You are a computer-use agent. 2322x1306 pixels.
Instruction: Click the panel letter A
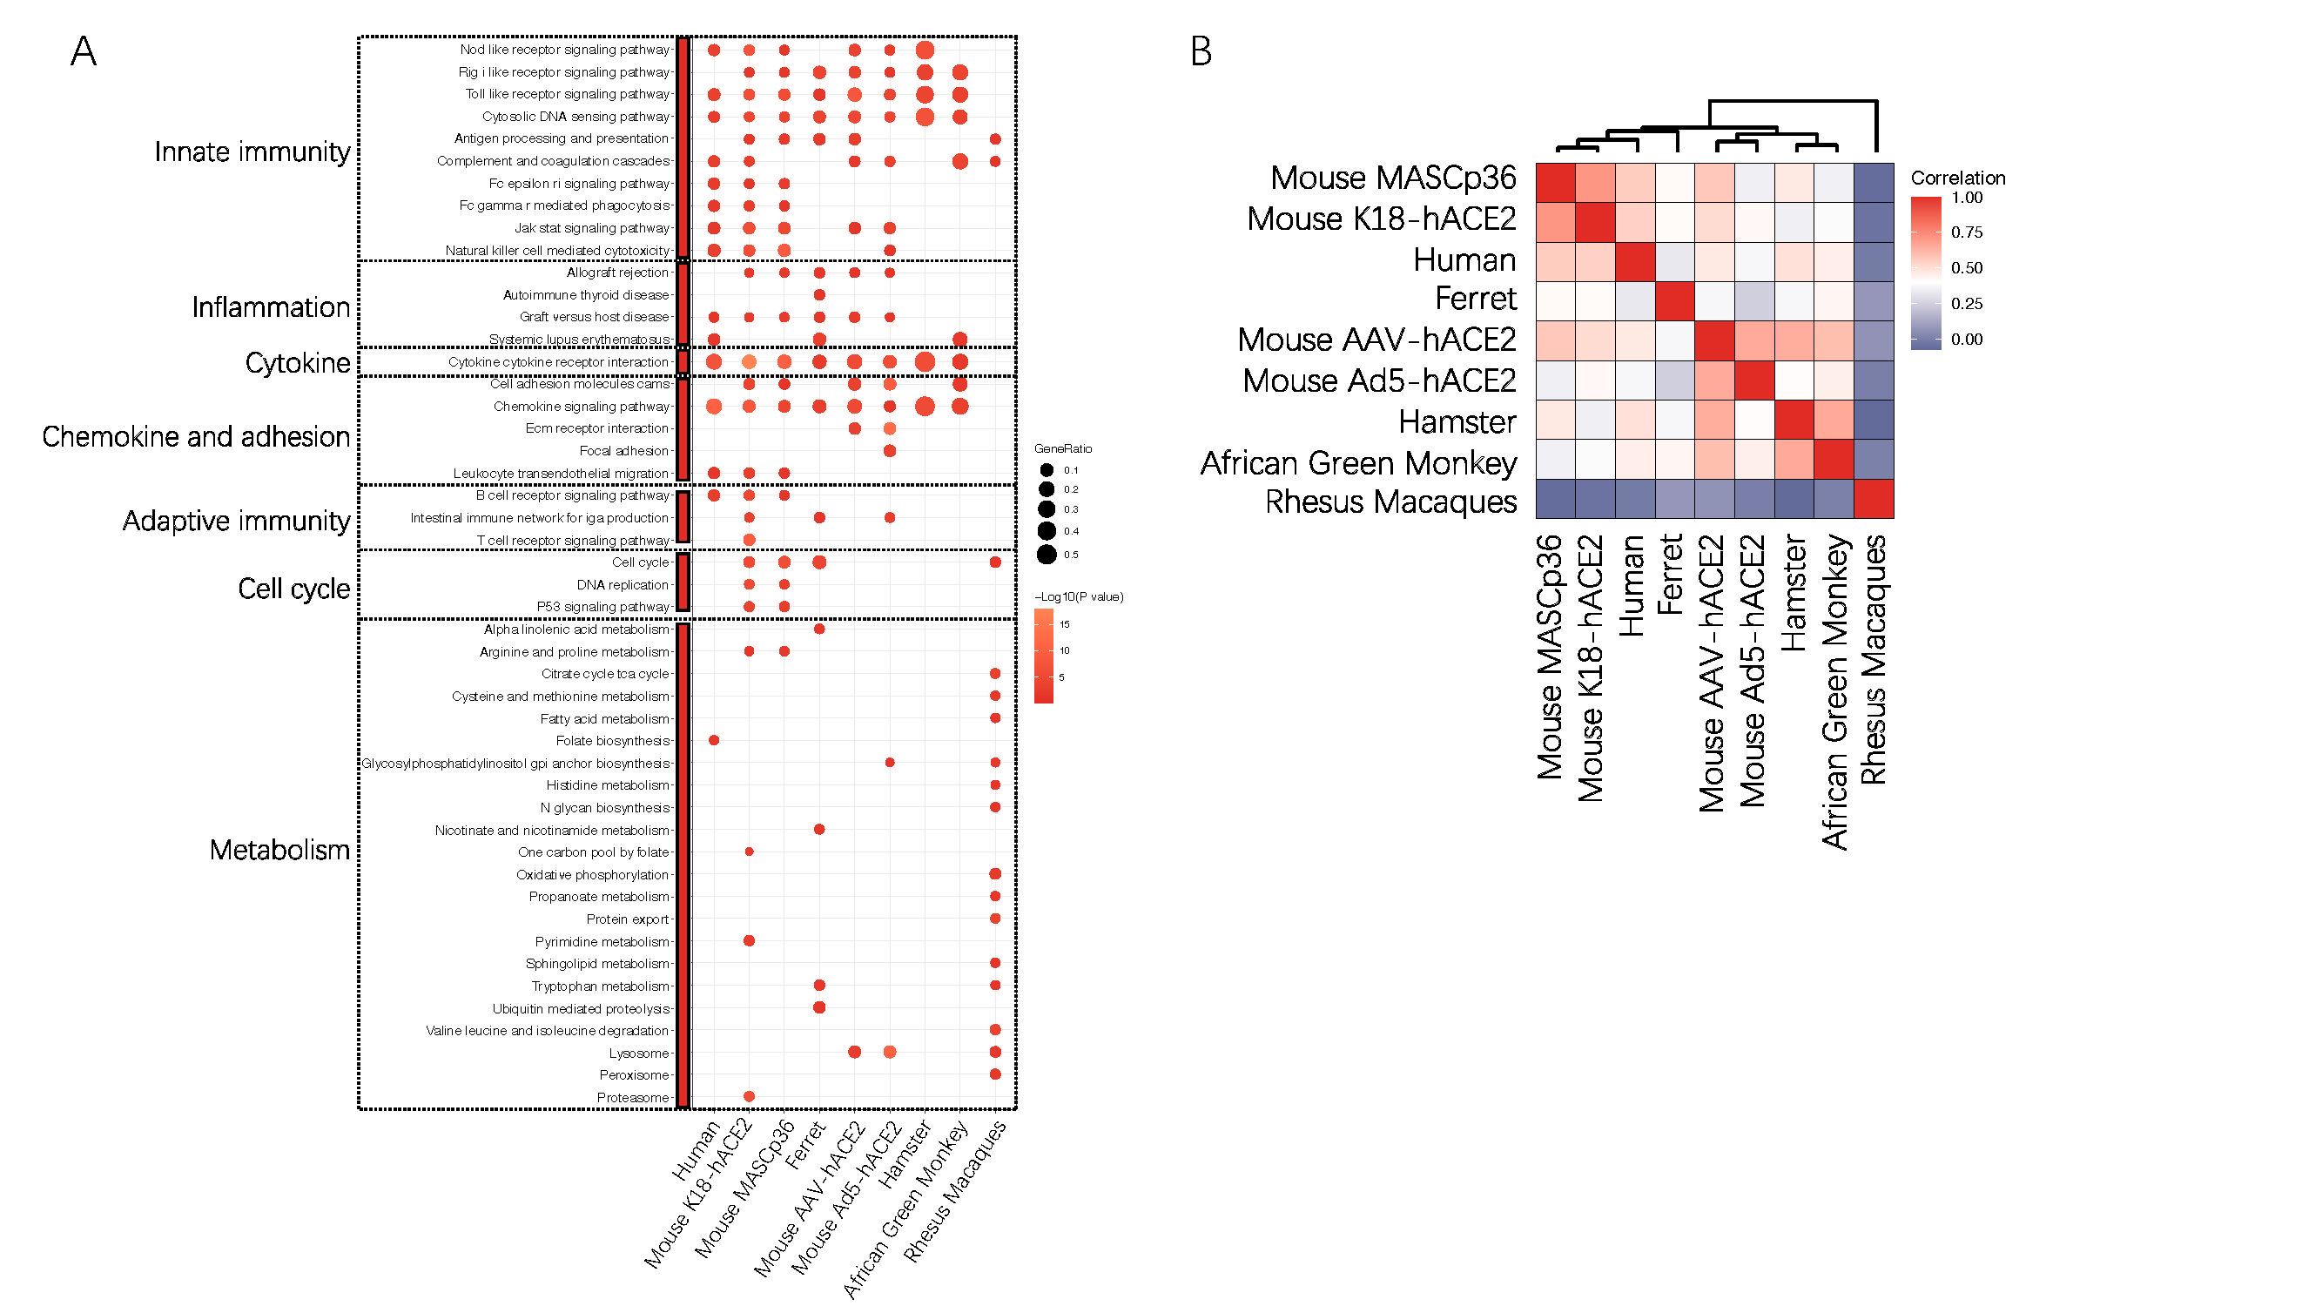(x=83, y=51)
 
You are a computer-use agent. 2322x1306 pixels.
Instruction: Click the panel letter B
(x=1201, y=51)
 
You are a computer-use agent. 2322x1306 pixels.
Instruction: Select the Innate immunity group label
(x=252, y=151)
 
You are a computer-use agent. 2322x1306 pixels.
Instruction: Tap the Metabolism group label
(x=279, y=850)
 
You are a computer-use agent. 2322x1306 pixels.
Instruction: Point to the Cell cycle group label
(x=294, y=589)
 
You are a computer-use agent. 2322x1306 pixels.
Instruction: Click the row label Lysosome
(x=638, y=1053)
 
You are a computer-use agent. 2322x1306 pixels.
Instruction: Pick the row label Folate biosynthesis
(x=612, y=741)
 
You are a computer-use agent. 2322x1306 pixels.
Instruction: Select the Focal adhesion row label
(x=623, y=451)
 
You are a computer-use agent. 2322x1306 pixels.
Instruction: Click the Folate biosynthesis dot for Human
(x=714, y=740)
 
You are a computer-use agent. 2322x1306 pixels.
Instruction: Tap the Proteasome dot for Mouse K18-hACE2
(x=749, y=1096)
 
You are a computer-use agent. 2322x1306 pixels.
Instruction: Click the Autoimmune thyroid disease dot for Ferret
(x=819, y=295)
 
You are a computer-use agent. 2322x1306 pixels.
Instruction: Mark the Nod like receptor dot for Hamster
(x=924, y=50)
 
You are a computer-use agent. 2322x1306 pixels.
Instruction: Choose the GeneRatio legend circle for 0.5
(x=1047, y=555)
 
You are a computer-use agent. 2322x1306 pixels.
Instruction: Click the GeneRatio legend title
(x=1063, y=448)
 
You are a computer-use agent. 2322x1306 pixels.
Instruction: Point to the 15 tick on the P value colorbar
(x=1065, y=623)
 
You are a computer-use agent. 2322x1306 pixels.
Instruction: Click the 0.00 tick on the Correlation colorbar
(x=1966, y=339)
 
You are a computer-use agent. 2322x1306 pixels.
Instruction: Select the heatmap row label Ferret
(x=1476, y=299)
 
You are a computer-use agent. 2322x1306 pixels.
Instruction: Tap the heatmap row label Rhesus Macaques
(x=1391, y=502)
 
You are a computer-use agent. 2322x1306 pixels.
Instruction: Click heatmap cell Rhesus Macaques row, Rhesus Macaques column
(x=1873, y=499)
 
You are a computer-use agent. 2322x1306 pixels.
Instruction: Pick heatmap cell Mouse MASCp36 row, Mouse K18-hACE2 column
(x=1596, y=184)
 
